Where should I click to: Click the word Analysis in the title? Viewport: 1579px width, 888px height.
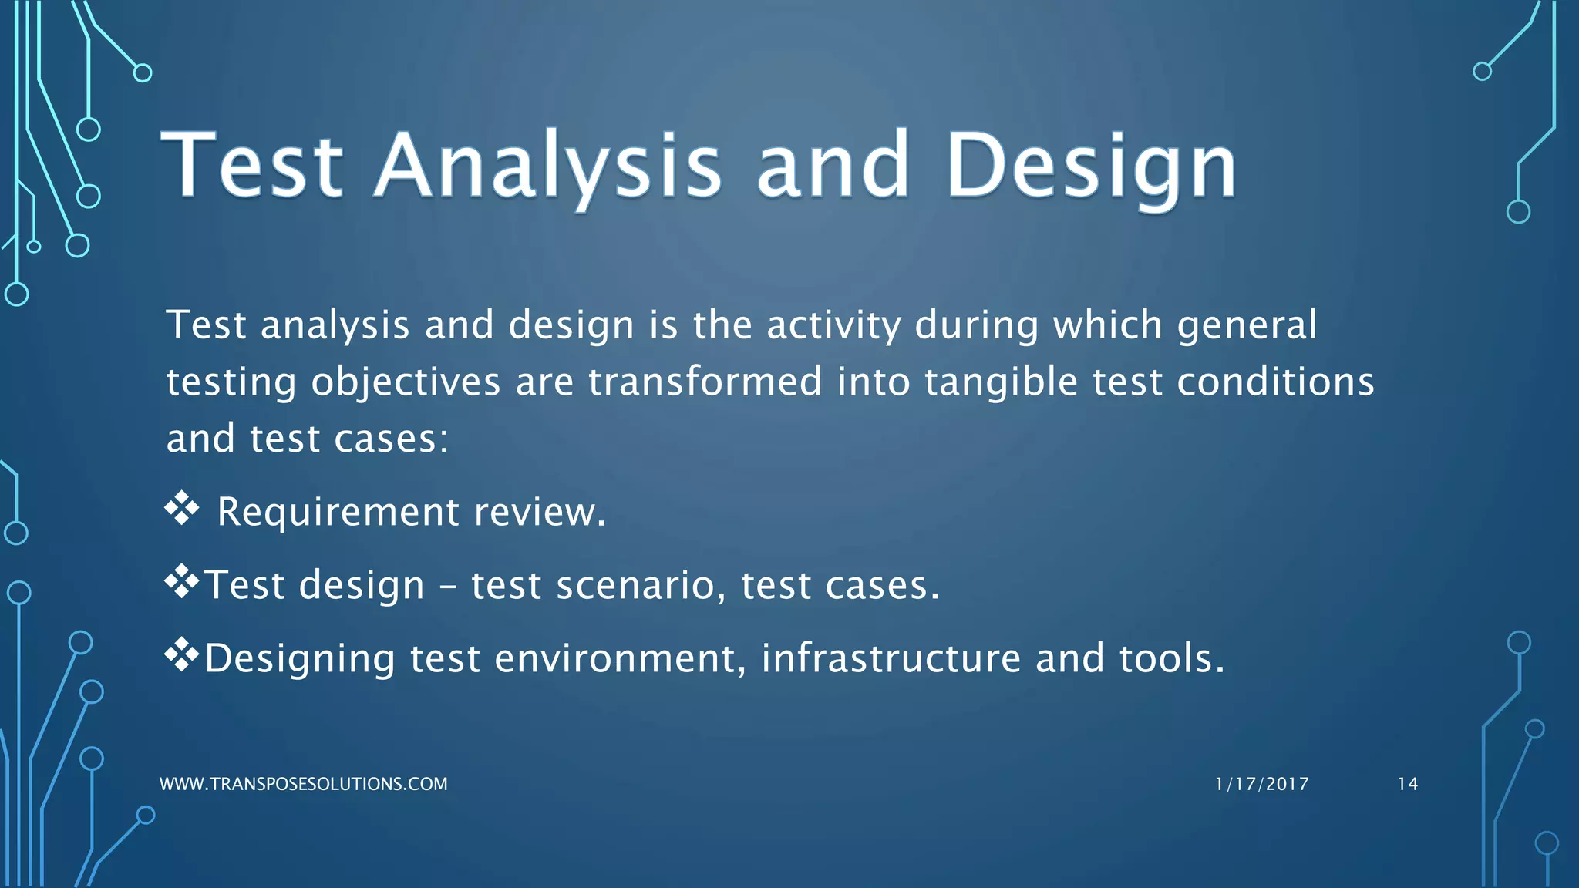[548, 166]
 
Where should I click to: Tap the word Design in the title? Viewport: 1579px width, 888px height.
[1090, 166]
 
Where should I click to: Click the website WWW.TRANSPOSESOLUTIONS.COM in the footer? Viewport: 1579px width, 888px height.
[303, 784]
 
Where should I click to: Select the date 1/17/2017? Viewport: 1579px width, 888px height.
[1261, 784]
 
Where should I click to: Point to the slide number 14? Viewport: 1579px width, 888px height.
[1407, 784]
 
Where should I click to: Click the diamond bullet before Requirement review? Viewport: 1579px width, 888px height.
[182, 509]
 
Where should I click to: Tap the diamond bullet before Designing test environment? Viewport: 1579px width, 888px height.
[182, 655]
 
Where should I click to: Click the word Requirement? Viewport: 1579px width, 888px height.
[338, 513]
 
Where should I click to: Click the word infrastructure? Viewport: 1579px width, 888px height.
[891, 658]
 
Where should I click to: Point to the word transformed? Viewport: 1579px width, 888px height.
[705, 382]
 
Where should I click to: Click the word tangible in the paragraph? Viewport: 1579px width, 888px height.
[1001, 383]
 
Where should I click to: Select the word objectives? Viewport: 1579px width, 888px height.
[406, 383]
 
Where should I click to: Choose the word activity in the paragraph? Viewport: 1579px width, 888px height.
[833, 325]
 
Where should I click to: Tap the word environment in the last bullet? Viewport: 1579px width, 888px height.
[620, 659]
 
